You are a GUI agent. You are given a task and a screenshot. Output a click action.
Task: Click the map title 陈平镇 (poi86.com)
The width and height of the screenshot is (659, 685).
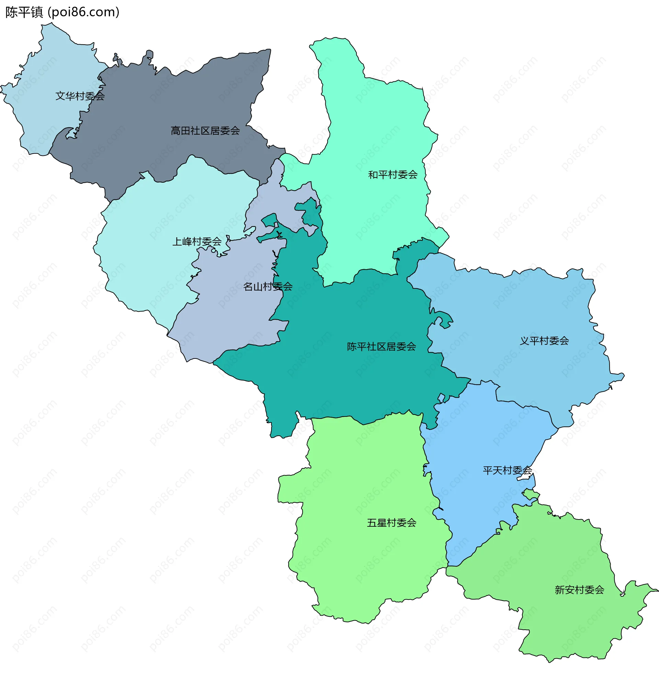[62, 12]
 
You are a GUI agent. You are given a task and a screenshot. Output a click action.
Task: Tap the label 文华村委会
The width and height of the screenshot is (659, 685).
[80, 96]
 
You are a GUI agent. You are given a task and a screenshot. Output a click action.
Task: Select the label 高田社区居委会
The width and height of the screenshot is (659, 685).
[205, 131]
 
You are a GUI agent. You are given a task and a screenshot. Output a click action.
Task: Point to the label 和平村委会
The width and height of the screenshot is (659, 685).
[393, 174]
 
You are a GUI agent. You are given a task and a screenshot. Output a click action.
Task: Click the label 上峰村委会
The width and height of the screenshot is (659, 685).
[197, 241]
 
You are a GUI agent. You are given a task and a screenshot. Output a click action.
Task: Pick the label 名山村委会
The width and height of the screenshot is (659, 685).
[268, 287]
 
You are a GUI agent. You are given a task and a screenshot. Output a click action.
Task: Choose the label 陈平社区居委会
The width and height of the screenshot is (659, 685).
[381, 346]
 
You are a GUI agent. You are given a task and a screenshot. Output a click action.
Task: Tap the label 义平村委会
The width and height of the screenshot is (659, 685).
[544, 340]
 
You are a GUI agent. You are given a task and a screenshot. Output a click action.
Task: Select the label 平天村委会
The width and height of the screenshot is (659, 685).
[507, 470]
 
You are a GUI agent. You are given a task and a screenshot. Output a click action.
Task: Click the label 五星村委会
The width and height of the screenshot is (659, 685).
[391, 523]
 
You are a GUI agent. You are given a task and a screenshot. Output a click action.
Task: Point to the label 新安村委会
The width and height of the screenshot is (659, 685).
[579, 590]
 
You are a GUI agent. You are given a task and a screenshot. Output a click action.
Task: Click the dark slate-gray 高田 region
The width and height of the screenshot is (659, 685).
[168, 105]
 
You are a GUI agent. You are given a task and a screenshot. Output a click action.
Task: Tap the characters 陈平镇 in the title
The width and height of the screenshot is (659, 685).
[24, 12]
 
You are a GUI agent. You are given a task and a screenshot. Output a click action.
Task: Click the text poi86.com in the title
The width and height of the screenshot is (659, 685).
[83, 12]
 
